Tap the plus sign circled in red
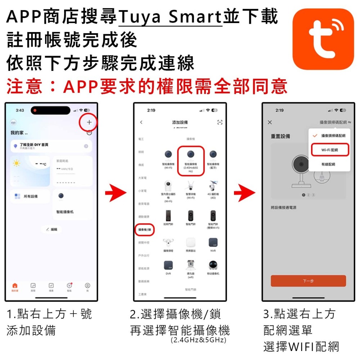(x=89, y=122)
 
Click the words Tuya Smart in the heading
(x=170, y=17)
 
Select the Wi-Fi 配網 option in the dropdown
(x=330, y=150)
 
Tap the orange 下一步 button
(x=308, y=281)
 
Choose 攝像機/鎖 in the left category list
(x=145, y=229)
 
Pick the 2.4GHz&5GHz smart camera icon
(x=190, y=155)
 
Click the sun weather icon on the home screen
(x=17, y=163)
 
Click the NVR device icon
(x=213, y=242)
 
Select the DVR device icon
(x=168, y=265)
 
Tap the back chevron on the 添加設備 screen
(x=141, y=122)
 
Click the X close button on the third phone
(x=270, y=122)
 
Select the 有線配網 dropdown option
(x=328, y=164)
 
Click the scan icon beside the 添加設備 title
(x=220, y=122)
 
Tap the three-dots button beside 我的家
(x=89, y=132)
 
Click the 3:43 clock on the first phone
(x=20, y=110)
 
